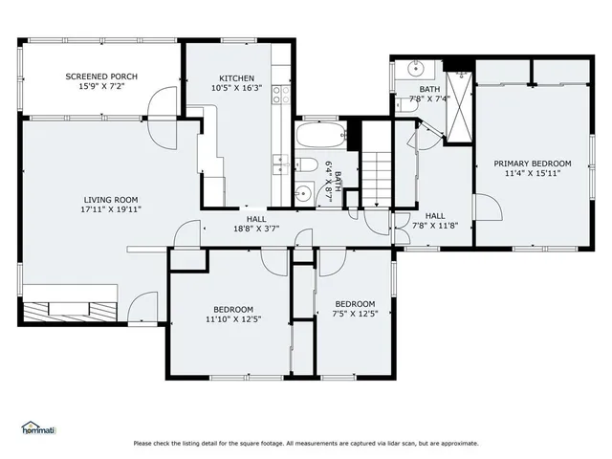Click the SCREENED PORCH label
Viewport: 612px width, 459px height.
coord(101,76)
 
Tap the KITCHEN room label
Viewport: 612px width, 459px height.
coord(236,78)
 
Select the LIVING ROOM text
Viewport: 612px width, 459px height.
coord(111,200)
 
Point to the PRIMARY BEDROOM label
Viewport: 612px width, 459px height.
coord(533,164)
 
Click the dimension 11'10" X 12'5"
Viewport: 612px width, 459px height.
coord(233,319)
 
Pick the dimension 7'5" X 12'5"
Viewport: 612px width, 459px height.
coord(355,314)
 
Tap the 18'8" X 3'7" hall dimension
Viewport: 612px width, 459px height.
coord(256,229)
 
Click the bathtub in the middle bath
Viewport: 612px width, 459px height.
coord(321,135)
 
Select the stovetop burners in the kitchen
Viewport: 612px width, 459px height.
coord(281,95)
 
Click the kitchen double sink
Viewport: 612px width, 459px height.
coord(281,164)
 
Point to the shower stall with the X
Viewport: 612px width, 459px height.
coord(459,106)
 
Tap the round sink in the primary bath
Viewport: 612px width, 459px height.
coord(416,69)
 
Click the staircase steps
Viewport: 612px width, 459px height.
coord(377,179)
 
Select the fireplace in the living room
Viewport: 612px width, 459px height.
coord(70,312)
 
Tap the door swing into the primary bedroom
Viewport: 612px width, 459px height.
coord(488,207)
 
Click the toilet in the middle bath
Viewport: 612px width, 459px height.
coord(306,164)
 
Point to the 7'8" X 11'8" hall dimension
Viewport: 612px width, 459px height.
coord(435,226)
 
